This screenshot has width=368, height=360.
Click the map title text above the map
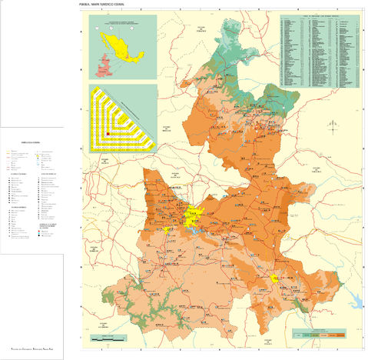107,5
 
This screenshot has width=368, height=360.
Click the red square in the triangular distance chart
108,133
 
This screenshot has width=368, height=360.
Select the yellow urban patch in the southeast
275,278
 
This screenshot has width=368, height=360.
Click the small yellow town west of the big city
166,229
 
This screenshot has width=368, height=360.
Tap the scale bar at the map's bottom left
108,336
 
